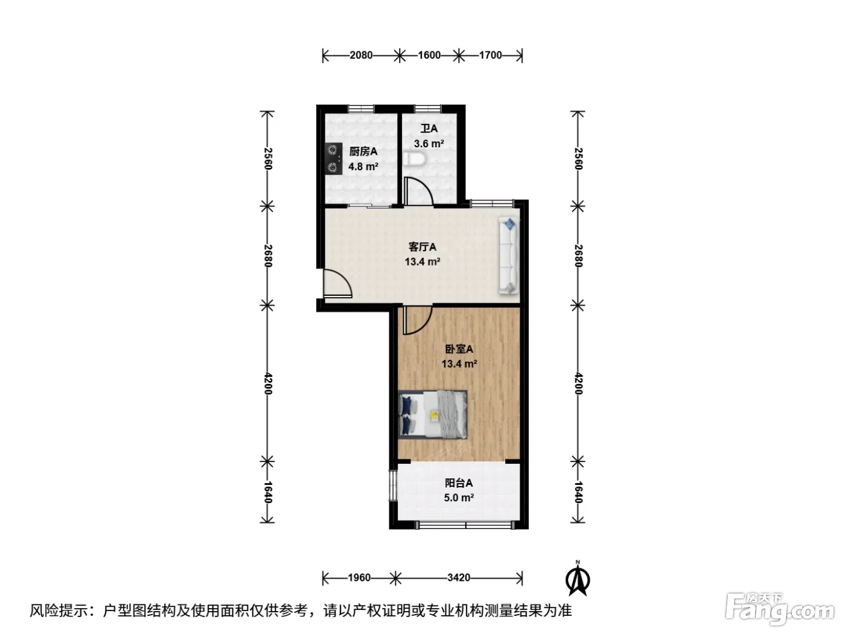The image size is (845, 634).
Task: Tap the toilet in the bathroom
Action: click(x=415, y=159)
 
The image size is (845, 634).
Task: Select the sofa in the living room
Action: click(x=509, y=256)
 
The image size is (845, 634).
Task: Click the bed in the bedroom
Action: click(x=433, y=415)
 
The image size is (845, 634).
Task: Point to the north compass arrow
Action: click(x=578, y=580)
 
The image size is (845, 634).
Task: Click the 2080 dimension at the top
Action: click(x=361, y=56)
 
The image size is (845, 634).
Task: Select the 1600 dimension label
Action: click(x=429, y=56)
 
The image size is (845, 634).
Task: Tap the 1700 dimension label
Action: click(x=490, y=56)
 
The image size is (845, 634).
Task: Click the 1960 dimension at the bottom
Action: click(x=359, y=578)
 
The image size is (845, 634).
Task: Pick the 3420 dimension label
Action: click(x=459, y=578)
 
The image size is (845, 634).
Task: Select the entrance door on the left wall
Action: click(x=337, y=283)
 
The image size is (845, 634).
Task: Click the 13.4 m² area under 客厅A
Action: click(x=422, y=262)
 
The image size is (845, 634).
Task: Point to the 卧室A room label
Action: click(x=459, y=349)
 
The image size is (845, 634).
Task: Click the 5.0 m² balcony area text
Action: click(x=459, y=498)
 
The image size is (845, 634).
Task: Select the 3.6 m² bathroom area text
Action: click(x=429, y=144)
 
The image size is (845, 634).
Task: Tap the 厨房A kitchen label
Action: click(x=363, y=152)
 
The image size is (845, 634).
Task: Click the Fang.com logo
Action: click(x=780, y=609)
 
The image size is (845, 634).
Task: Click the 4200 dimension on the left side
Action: click(x=269, y=383)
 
